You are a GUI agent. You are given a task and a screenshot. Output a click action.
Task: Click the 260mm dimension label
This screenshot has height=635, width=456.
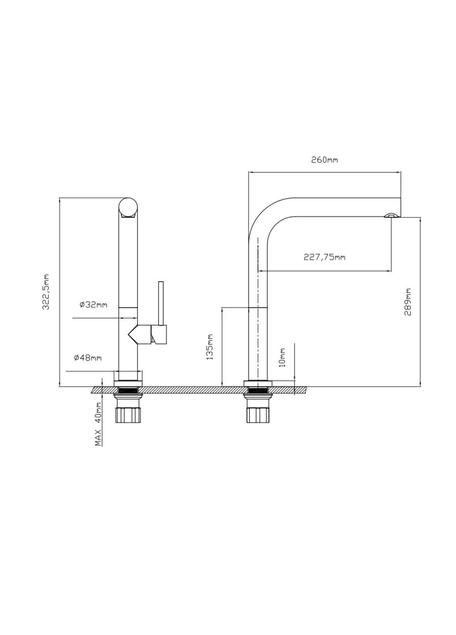pos(325,160)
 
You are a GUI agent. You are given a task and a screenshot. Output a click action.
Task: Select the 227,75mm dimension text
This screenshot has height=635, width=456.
pos(324,257)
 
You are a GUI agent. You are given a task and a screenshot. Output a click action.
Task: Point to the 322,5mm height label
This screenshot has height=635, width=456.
pos(45,292)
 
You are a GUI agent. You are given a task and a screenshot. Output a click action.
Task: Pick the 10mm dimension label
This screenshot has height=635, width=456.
pos(282,357)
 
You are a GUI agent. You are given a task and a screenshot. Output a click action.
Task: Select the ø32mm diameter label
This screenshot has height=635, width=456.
pos(93,305)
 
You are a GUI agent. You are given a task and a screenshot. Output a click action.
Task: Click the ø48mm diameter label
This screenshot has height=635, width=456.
pos(88,358)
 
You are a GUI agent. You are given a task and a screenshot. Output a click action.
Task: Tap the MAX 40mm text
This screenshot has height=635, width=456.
pos(99,424)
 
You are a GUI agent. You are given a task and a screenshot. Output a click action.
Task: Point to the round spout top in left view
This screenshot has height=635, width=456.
pos(129,208)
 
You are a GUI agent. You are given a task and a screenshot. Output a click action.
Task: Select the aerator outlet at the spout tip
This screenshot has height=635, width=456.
pos(391,215)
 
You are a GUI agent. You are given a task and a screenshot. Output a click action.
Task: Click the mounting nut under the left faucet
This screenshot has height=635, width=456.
pos(128,415)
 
